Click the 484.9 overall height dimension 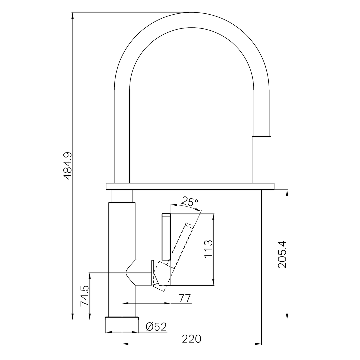[68, 166]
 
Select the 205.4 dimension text [282, 254]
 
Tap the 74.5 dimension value [85, 296]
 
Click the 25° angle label [189, 201]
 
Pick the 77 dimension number [185, 298]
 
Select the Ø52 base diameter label [156, 327]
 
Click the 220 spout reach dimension [191, 339]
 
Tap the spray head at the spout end [261, 160]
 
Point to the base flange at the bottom [122, 318]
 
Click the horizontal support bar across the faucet [190, 186]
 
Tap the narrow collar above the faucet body [122, 196]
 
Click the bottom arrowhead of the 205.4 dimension [287, 317]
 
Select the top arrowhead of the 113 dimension [213, 216]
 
